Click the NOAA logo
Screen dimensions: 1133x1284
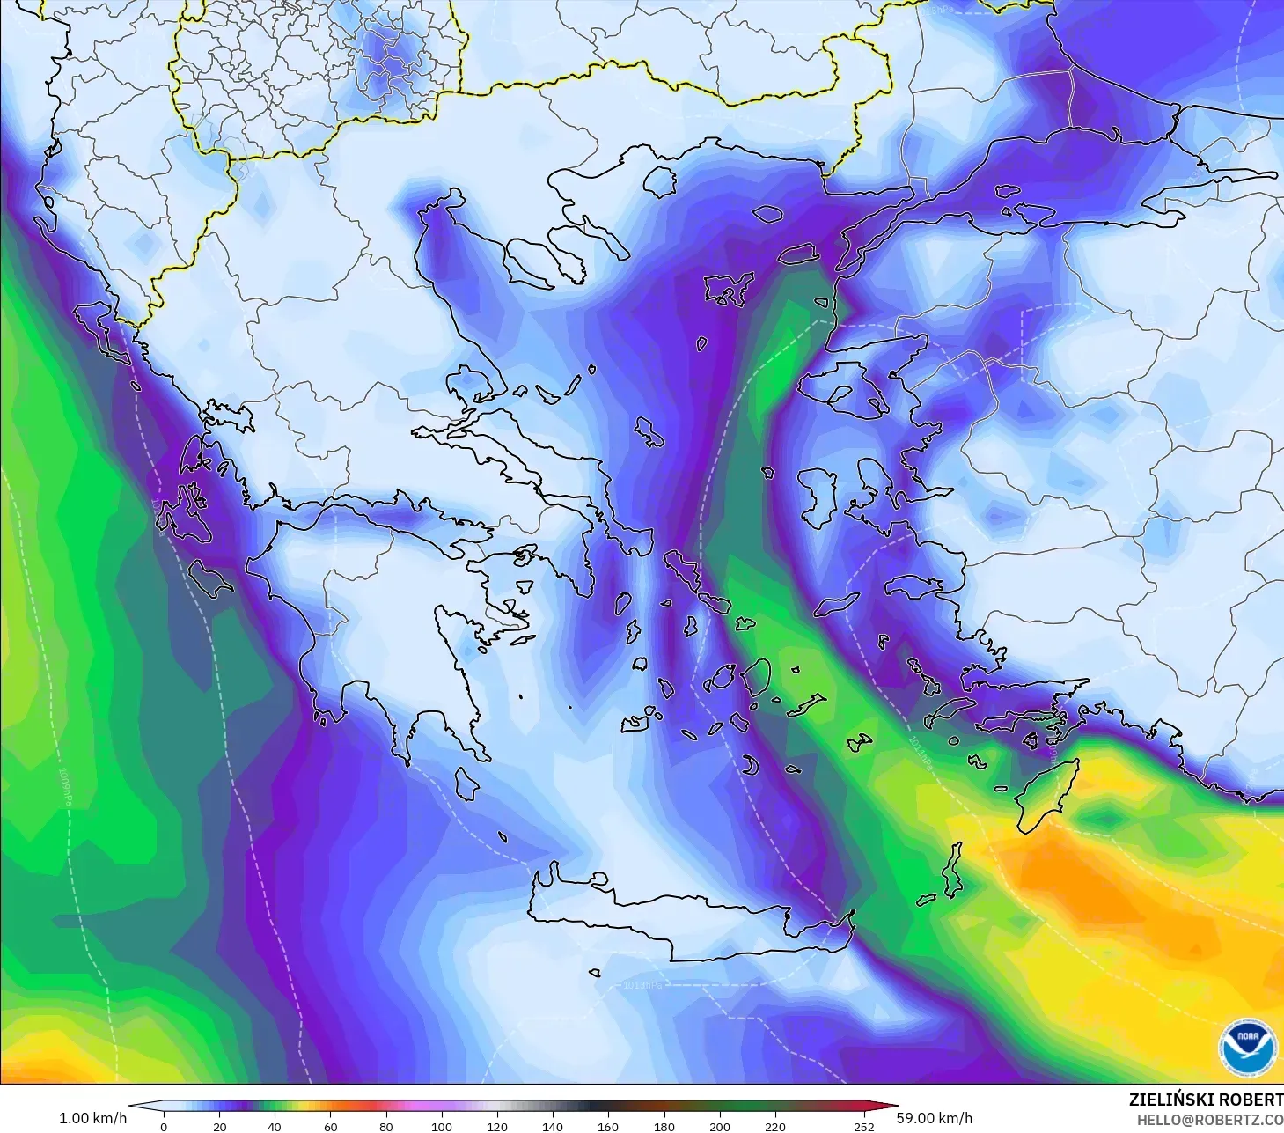tap(1248, 1047)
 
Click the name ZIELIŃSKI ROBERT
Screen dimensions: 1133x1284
tap(1206, 1100)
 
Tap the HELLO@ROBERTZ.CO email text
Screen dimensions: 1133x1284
tap(1209, 1120)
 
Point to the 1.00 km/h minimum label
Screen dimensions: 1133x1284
tap(92, 1118)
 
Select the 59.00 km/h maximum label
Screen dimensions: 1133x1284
tap(934, 1118)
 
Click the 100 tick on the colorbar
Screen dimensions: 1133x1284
tap(442, 1126)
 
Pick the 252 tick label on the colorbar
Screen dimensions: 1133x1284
tap(863, 1126)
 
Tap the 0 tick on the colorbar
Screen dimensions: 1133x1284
tap(164, 1126)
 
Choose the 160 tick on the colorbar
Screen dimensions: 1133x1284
tap(608, 1126)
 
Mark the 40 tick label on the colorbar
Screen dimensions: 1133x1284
tap(275, 1126)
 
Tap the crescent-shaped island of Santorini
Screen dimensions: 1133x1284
tap(750, 767)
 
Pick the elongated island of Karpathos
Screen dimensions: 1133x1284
tap(952, 870)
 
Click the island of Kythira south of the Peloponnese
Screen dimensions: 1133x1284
tap(466, 784)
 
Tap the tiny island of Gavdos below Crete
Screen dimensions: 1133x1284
tap(595, 974)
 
